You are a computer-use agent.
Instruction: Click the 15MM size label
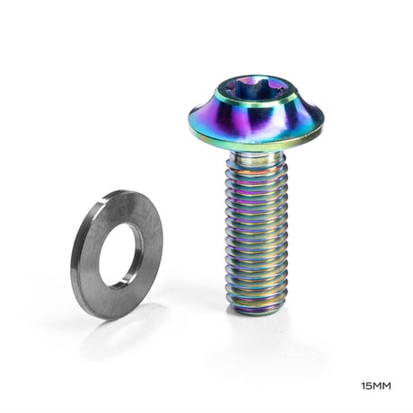click(x=376, y=386)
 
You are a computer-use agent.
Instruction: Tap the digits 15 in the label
click(x=366, y=386)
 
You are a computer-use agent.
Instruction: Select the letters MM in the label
click(x=382, y=386)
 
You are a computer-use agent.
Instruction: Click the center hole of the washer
click(x=120, y=256)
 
